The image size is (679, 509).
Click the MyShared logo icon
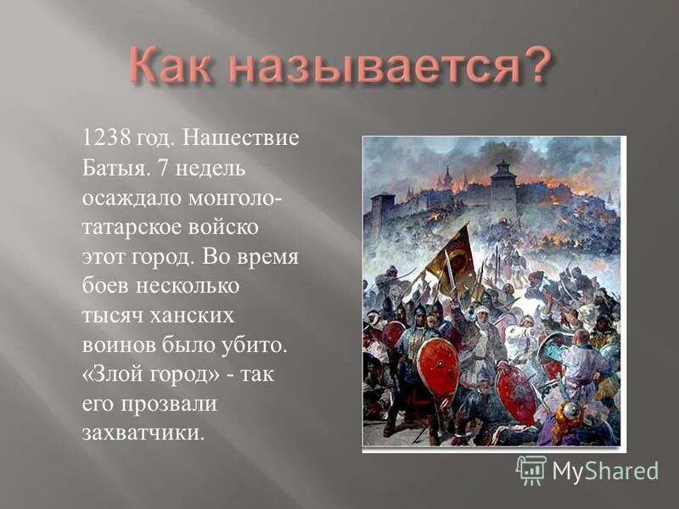click(531, 469)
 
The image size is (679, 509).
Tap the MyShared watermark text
click(605, 471)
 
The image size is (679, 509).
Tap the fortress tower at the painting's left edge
click(382, 212)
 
